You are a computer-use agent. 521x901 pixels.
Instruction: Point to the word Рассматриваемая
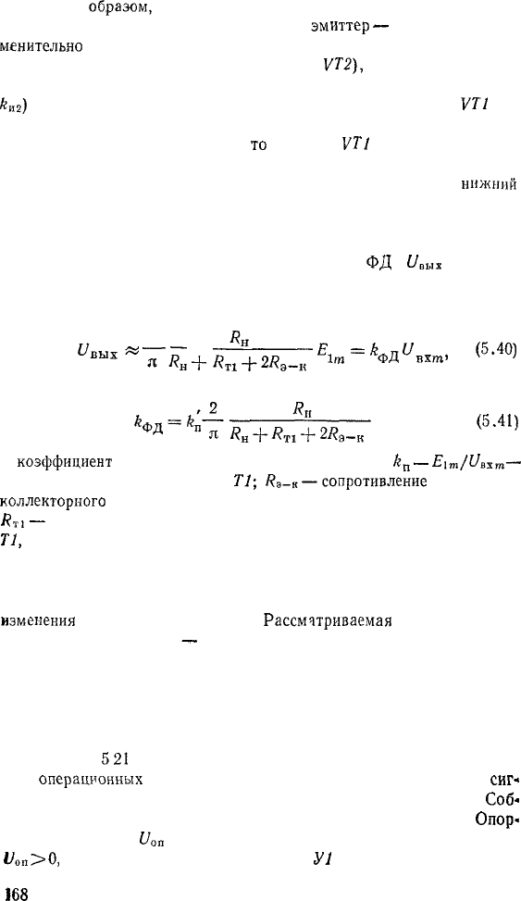tap(328, 621)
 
